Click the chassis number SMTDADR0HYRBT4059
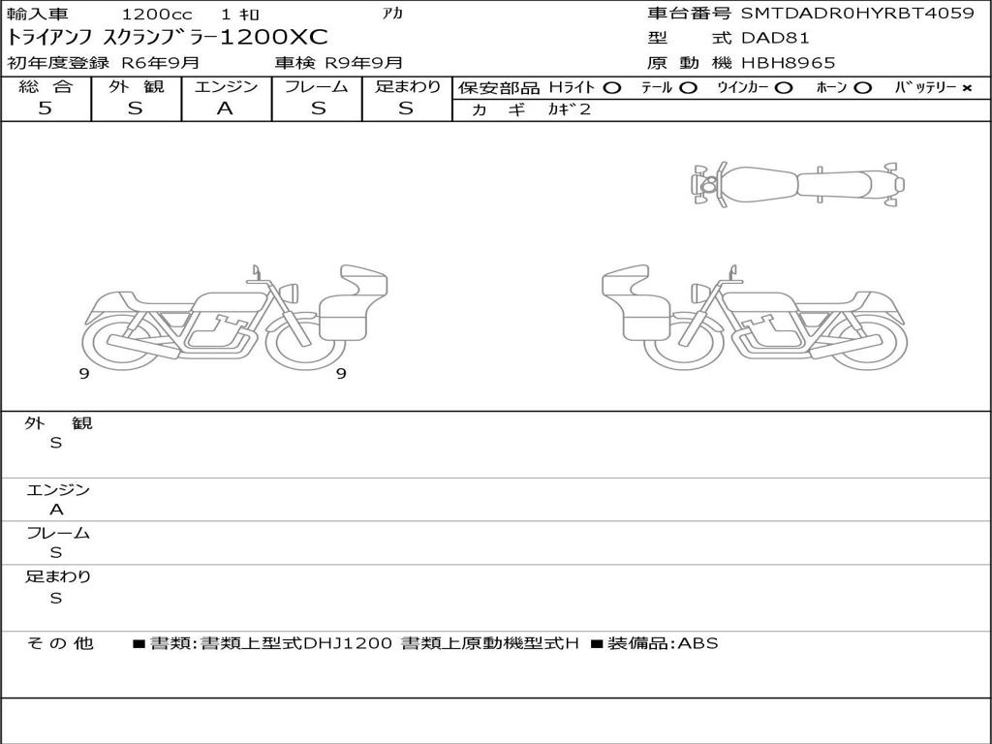(857, 14)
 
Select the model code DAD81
(775, 38)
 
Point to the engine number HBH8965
(788, 63)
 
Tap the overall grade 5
(45, 108)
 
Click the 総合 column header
(46, 86)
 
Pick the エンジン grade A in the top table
(225, 108)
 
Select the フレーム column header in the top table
(317, 86)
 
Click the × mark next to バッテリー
(967, 88)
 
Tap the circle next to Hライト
(612, 88)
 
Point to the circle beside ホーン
(862, 88)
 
